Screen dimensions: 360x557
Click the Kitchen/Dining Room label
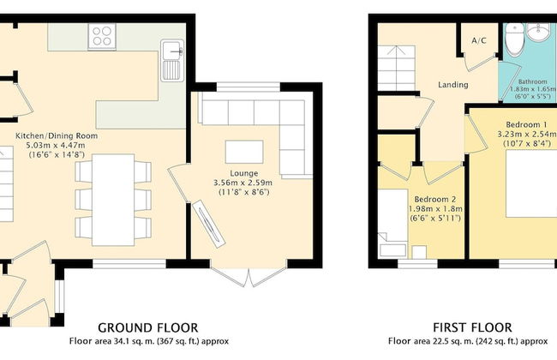(x=57, y=135)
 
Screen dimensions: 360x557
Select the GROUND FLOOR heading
(x=147, y=327)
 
